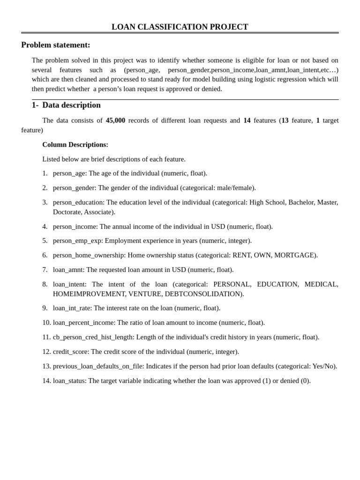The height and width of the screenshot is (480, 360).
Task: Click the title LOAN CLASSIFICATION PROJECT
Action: click(x=180, y=27)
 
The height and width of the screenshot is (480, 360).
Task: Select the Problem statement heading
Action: click(x=55, y=45)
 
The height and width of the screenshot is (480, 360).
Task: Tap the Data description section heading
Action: click(x=71, y=105)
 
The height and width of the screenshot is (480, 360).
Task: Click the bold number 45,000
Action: click(x=115, y=120)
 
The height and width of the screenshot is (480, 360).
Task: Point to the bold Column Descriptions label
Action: click(x=75, y=144)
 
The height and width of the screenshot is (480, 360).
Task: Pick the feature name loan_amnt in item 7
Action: click(x=67, y=270)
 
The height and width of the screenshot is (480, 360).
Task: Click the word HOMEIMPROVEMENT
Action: click(x=89, y=294)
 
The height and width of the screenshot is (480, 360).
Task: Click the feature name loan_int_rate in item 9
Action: click(x=72, y=308)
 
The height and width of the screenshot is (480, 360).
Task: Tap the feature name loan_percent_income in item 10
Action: click(x=83, y=322)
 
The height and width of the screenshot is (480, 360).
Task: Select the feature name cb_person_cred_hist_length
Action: click(x=93, y=337)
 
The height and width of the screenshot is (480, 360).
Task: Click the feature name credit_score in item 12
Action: click(x=70, y=352)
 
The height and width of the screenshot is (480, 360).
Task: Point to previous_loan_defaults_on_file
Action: click(x=98, y=366)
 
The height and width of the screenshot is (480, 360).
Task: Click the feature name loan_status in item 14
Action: click(x=69, y=381)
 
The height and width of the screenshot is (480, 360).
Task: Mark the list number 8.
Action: click(x=45, y=284)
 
